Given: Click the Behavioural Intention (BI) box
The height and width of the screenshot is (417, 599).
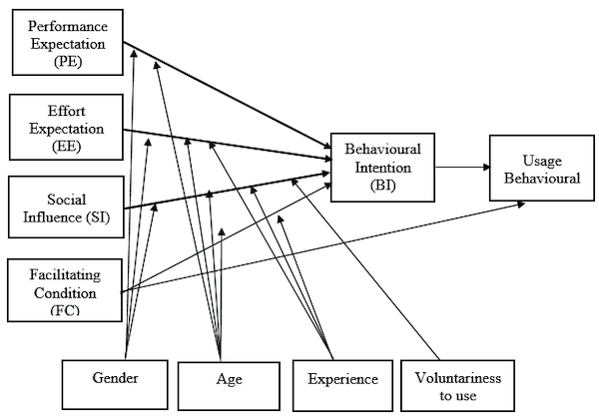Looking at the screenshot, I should [x=382, y=166].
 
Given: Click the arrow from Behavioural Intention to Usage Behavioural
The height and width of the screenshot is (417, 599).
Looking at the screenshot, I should [x=460, y=168].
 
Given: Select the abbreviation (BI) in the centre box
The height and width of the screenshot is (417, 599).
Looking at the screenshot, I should [x=382, y=185].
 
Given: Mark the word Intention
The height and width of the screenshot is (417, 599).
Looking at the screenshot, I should [x=382, y=167].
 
